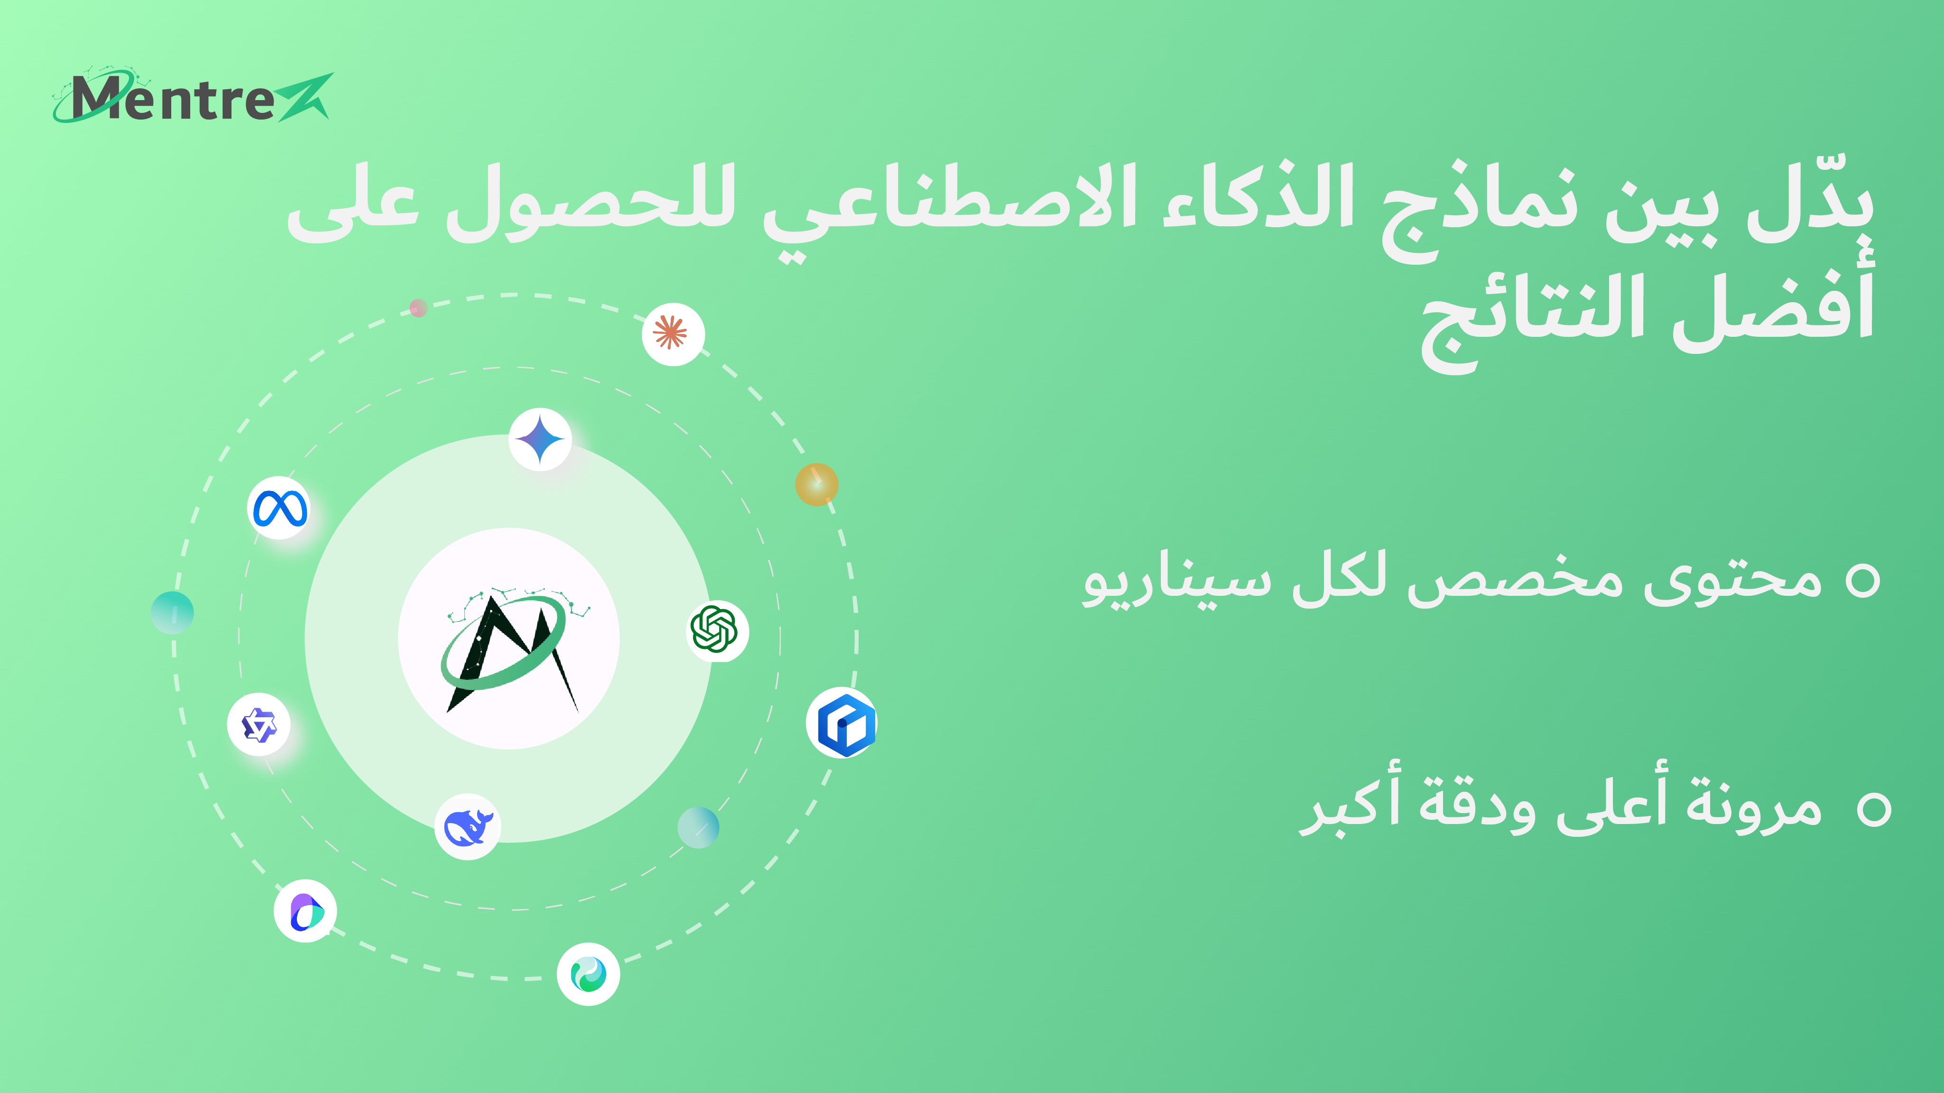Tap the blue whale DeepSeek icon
pos(468,826)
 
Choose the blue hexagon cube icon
pos(842,723)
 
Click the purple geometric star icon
pos(259,725)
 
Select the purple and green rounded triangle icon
pos(305,911)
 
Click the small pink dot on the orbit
pos(418,308)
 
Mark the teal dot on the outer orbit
pos(172,613)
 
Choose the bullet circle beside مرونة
pos(1875,810)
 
